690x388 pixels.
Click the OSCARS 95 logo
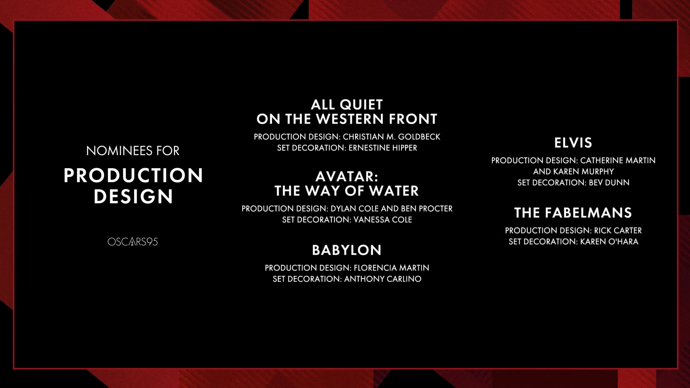pos(133,242)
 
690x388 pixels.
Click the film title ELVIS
pos(573,143)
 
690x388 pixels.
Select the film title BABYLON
pos(347,250)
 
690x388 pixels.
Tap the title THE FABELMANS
pos(573,213)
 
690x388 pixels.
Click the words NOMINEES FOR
pos(133,151)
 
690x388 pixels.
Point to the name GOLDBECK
pos(419,137)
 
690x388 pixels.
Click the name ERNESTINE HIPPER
pos(383,148)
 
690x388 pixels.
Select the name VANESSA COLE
pos(383,220)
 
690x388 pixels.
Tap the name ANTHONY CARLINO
pos(383,279)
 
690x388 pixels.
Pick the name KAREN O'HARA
pos(609,242)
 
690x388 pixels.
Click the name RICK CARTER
pos(618,231)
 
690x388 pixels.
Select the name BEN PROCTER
pos(427,209)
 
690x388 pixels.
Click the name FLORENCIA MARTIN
pos(391,268)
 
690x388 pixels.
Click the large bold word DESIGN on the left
pos(133,197)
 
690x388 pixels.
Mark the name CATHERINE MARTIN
pos(618,161)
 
